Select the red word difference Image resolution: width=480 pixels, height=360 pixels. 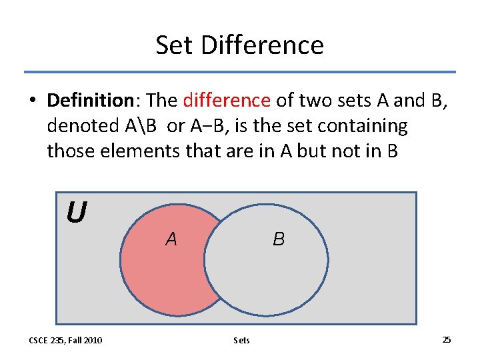(227, 101)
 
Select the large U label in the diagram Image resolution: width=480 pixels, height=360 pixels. (76, 213)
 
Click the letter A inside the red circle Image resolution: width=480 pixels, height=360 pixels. (171, 239)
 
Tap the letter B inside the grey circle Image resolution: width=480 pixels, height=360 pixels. (279, 239)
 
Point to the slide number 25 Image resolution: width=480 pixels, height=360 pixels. (447, 340)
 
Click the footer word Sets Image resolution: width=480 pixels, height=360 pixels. (242, 341)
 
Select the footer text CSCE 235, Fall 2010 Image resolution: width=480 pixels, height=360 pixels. (65, 341)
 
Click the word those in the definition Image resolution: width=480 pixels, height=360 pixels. (71, 151)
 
